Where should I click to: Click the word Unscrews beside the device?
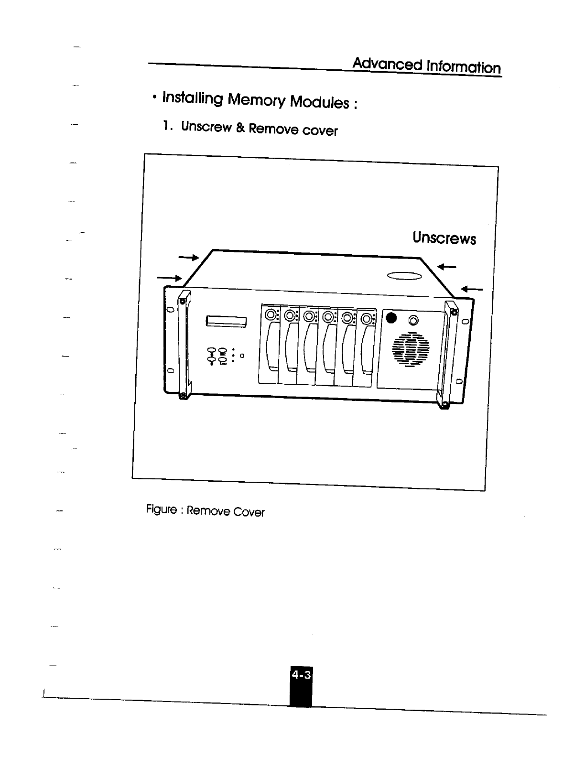tap(444, 238)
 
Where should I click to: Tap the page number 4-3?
tap(301, 675)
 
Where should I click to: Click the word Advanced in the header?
tap(388, 64)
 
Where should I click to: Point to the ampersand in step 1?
tap(240, 128)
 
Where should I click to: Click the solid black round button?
tap(391, 318)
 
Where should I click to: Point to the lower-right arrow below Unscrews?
tap(472, 289)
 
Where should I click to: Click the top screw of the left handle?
tap(182, 302)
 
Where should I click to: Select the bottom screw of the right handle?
tap(444, 406)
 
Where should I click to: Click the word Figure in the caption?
tap(161, 509)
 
